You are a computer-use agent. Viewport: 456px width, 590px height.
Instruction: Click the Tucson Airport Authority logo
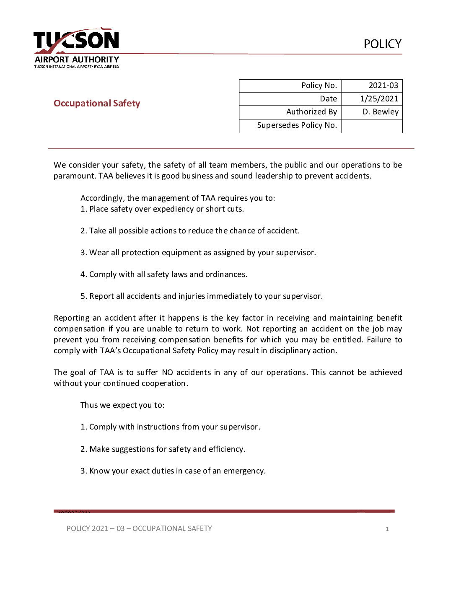tap(76, 48)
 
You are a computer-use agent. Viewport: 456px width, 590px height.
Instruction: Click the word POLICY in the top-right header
tap(382, 44)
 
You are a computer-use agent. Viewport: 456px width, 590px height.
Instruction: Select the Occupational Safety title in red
tap(97, 104)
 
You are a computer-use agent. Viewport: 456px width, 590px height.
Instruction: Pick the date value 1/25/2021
tap(379, 99)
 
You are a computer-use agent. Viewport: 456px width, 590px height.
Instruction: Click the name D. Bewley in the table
tap(380, 112)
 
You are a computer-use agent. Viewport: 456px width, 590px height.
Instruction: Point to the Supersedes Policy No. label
tap(297, 125)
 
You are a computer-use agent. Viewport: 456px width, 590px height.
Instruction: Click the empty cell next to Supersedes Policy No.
tap(372, 126)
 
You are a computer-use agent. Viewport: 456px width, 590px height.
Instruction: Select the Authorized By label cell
tap(311, 112)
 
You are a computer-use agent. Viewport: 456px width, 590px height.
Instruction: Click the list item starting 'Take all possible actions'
tap(190, 231)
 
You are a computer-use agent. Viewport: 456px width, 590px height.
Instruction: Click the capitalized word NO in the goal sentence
tap(167, 373)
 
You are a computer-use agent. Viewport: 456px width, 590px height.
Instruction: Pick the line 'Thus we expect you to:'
tap(122, 405)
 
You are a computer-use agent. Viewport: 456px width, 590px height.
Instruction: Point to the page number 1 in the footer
tap(387, 529)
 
